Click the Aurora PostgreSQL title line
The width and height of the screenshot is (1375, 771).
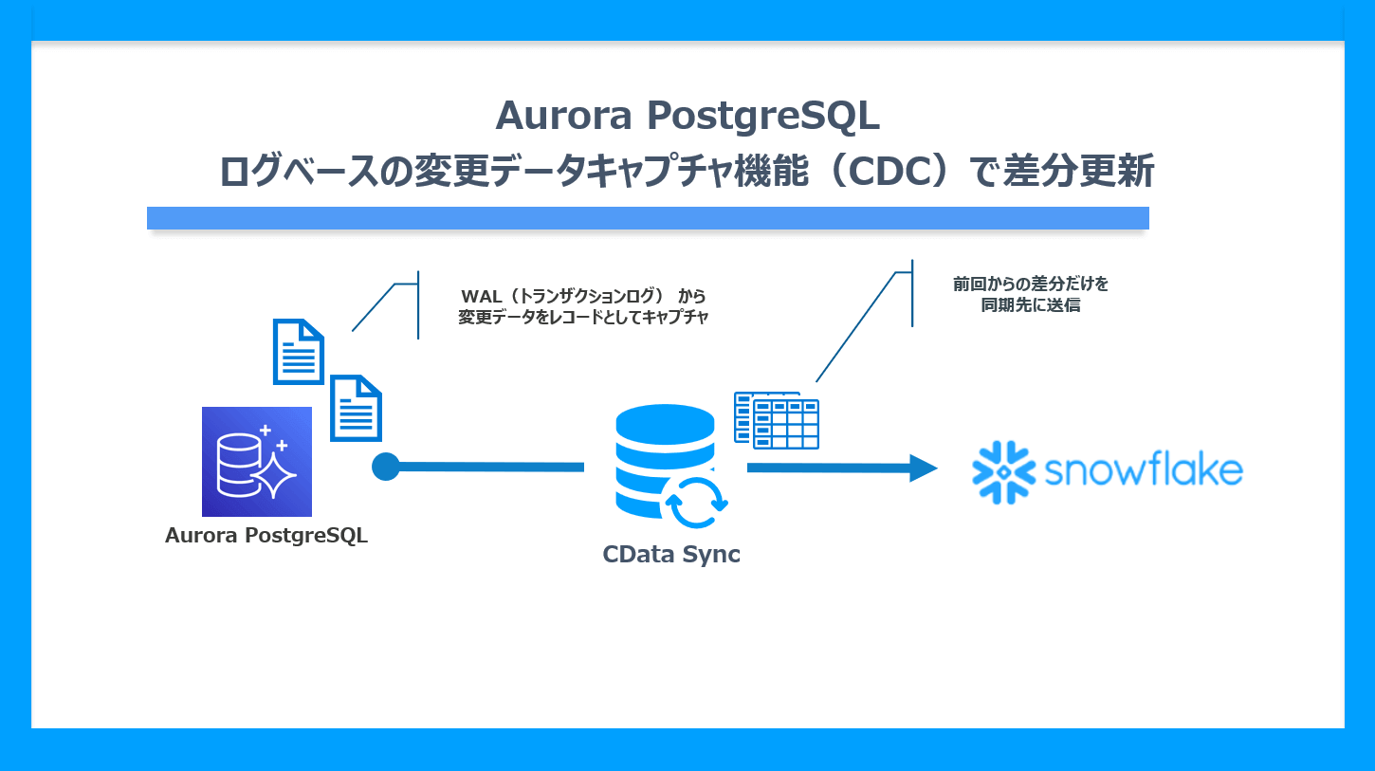[687, 117]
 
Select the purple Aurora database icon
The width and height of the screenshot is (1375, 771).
[257, 462]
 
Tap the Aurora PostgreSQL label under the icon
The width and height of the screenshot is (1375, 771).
[266, 536]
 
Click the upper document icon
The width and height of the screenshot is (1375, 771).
[299, 351]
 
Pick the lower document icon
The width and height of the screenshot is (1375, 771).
[356, 408]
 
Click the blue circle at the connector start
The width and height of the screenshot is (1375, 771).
[385, 467]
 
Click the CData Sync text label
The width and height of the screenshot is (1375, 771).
[671, 555]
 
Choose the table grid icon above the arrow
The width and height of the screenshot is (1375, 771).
[779, 420]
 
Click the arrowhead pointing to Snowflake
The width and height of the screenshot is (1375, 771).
[922, 468]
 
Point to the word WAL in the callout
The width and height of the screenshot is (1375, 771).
[480, 295]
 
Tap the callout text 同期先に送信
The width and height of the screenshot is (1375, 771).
[1031, 305]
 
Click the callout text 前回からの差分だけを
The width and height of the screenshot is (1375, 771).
[1031, 284]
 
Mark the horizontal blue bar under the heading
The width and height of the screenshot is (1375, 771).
[648, 218]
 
